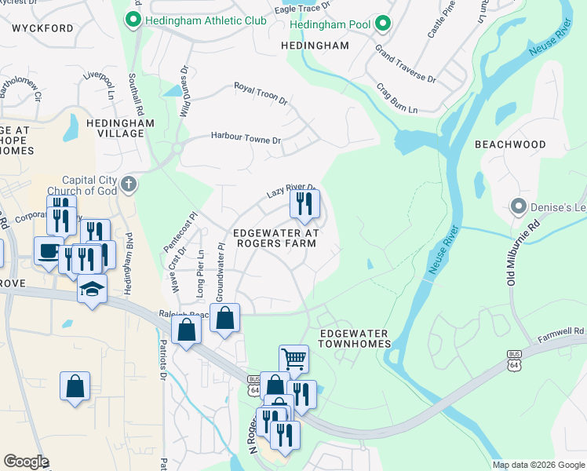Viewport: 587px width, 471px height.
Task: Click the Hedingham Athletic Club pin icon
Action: pos(133,20)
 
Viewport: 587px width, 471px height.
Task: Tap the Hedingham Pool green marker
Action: pos(382,24)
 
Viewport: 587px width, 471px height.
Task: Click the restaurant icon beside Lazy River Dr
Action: pos(304,203)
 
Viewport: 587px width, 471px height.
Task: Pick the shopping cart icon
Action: pos(293,359)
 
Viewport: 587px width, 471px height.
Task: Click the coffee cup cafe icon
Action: pos(48,250)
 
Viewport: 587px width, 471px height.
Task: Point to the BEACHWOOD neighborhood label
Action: pos(510,145)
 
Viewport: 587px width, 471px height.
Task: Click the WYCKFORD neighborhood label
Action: pos(43,28)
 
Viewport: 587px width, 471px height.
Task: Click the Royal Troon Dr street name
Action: pos(261,93)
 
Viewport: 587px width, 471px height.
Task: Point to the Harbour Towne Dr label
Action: pos(245,137)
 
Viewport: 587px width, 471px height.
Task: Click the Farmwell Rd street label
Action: pos(561,335)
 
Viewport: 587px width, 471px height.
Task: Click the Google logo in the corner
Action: pos(26,462)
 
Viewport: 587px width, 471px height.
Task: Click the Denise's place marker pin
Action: pos(518,206)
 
